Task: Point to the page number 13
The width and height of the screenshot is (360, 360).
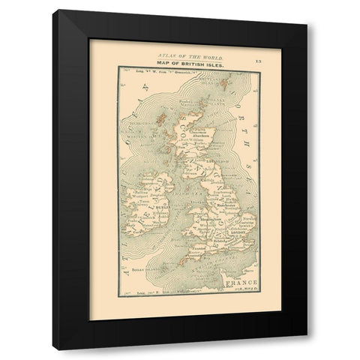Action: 257,58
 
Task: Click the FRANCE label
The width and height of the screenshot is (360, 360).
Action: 232,283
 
